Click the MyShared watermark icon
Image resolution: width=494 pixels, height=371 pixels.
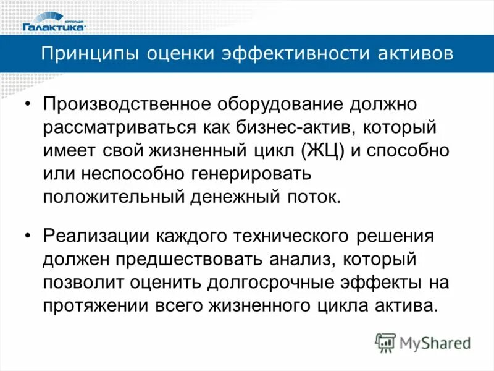pyautogui.click(x=385, y=343)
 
